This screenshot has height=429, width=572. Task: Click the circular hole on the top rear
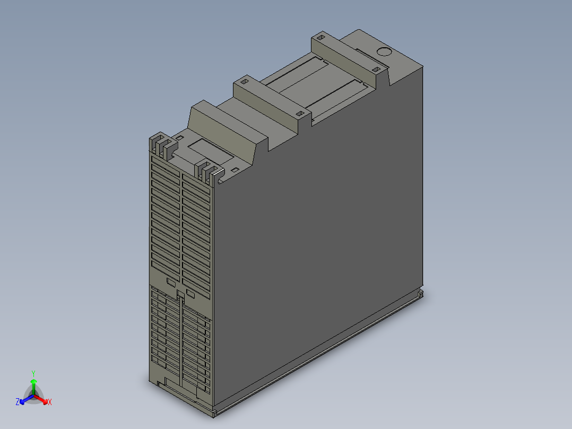(x=383, y=52)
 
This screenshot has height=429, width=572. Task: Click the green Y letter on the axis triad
(x=33, y=373)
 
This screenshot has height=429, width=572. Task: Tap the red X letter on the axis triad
(x=49, y=402)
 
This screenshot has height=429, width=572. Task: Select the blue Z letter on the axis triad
(x=18, y=402)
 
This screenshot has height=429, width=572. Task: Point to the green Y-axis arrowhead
(x=33, y=382)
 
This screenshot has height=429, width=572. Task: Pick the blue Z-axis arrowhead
(x=23, y=400)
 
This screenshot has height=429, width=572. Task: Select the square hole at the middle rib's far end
(x=245, y=82)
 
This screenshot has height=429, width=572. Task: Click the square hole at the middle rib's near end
(x=299, y=114)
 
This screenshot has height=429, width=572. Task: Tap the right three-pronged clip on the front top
(x=208, y=173)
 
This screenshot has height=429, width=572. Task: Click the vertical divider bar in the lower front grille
(x=181, y=340)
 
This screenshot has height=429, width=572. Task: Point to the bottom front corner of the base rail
(x=213, y=413)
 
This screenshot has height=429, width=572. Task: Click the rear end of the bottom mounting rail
(x=421, y=293)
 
